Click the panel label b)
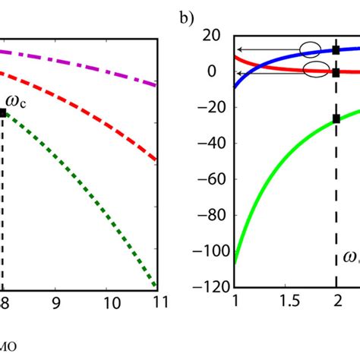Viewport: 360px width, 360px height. click(x=188, y=17)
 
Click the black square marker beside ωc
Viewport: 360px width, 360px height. click(x=3, y=112)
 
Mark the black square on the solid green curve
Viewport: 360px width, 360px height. click(x=336, y=118)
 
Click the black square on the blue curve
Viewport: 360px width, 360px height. click(x=336, y=50)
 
